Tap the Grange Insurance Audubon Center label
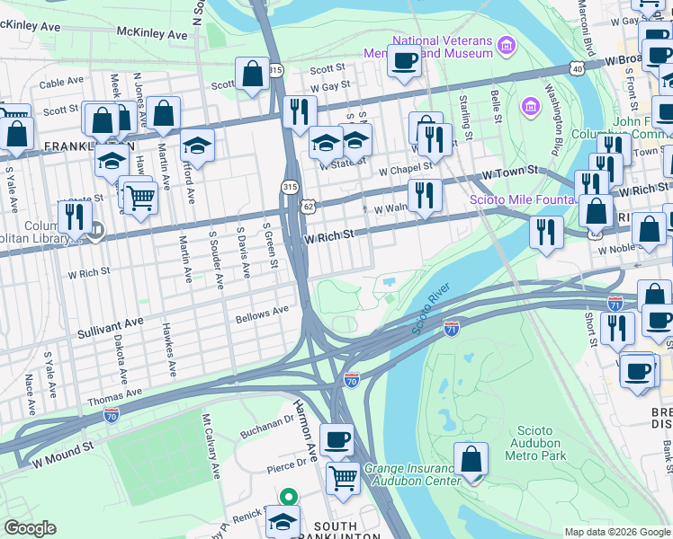[412, 474]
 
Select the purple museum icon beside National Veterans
[506, 45]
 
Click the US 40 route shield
[577, 68]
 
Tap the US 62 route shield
[308, 206]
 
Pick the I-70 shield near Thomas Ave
[112, 415]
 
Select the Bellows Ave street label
[261, 314]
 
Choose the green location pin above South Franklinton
[288, 496]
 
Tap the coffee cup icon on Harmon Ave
[336, 440]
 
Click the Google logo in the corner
[30, 528]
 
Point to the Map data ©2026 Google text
[616, 532]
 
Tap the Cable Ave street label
[61, 83]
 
